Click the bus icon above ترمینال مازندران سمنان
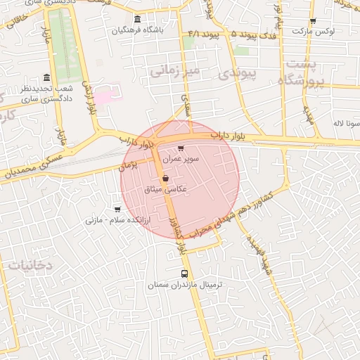[184, 274]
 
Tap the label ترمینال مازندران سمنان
[184, 285]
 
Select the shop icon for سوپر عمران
[181, 148]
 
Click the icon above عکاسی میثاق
[165, 179]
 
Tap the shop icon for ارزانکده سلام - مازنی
[117, 210]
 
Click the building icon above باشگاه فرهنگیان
[136, 19]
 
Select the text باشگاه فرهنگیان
[137, 31]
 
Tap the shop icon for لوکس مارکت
[313, 21]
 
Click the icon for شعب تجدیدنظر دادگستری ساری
[47, 77]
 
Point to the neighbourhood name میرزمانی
[176, 71]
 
